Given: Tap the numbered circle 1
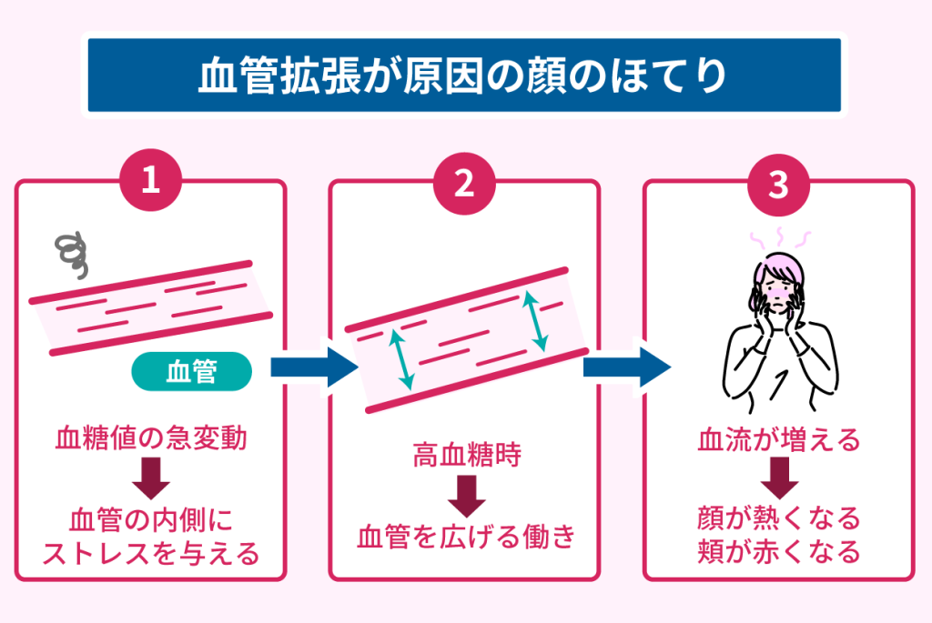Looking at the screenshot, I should (x=151, y=183).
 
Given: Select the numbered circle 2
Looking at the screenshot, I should (x=464, y=183).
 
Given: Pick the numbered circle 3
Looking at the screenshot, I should (x=778, y=183).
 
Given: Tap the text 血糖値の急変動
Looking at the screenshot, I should (x=151, y=439).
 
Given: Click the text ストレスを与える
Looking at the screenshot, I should (x=151, y=552).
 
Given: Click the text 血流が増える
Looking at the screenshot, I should (x=778, y=441).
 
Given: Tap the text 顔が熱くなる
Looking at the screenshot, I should (x=778, y=519).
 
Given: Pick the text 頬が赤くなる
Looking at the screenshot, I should (x=778, y=551).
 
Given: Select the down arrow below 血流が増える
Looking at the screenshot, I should (x=778, y=477).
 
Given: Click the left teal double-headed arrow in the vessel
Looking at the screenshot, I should (x=401, y=358).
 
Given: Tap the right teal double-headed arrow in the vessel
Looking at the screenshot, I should (x=535, y=321).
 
